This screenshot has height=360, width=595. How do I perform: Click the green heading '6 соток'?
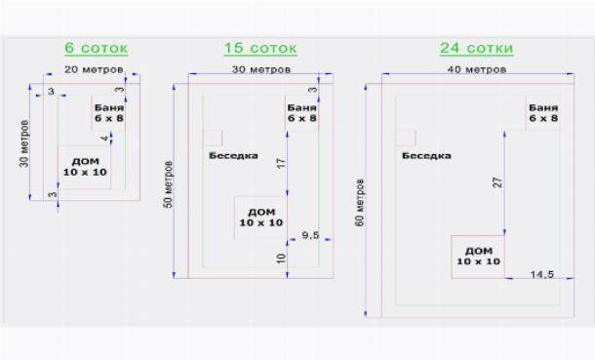coord(96,48)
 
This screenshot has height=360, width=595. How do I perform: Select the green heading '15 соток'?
coord(260,48)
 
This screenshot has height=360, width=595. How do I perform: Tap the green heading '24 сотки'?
coord(477,48)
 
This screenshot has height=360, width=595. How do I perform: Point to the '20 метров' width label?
coord(94,70)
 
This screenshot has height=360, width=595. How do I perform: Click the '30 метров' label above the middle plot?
coord(261,70)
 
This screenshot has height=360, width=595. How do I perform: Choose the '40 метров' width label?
coord(477,70)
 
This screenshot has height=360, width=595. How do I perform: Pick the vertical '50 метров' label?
coord(168,184)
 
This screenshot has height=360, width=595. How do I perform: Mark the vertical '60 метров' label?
coord(359,203)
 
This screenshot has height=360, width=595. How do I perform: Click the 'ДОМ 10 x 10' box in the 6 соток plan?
coord(85,167)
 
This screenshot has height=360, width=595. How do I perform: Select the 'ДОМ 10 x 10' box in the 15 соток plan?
coord(260,218)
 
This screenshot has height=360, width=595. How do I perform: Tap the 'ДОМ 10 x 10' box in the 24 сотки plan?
coord(478,257)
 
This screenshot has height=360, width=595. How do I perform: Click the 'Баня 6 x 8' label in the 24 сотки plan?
coord(543,113)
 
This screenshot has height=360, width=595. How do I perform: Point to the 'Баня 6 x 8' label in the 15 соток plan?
coord(301,113)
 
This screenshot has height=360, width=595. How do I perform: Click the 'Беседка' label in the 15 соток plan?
coord(233,156)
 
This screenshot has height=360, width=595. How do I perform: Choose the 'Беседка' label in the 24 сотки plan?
coord(426,156)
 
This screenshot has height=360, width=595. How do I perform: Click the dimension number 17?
coord(281,164)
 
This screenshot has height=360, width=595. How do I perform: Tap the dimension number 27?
coord(497,182)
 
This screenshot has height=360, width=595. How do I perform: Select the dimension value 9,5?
coord(310,235)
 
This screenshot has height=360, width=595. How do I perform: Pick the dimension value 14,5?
coord(542,274)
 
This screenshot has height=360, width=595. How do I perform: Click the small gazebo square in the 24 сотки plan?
coord(406,139)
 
